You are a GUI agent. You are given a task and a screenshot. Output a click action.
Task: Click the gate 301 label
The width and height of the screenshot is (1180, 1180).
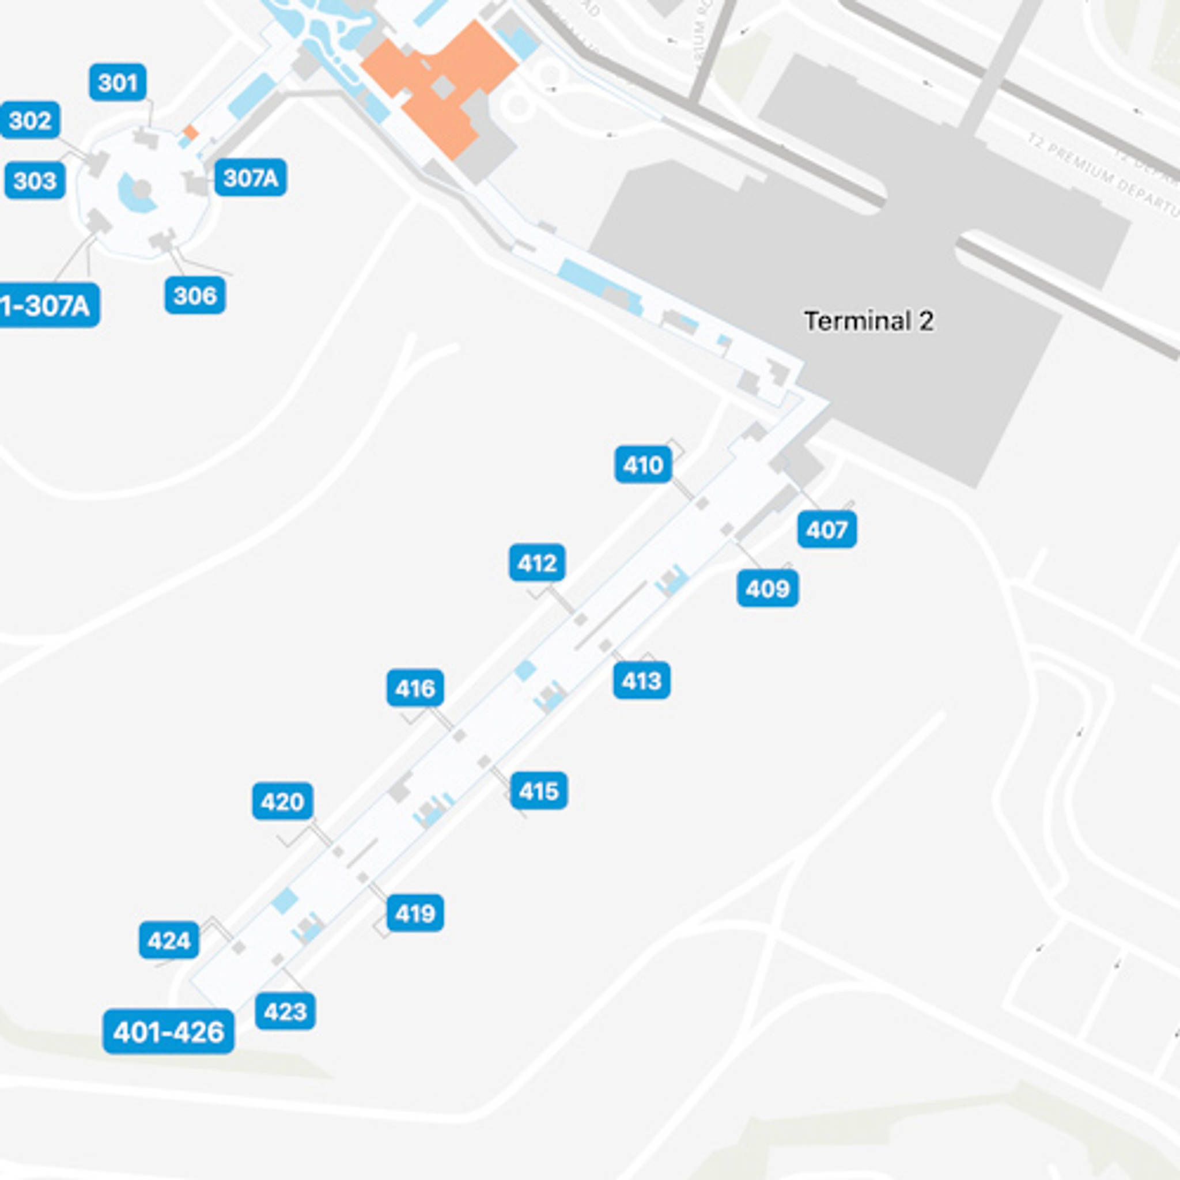(118, 82)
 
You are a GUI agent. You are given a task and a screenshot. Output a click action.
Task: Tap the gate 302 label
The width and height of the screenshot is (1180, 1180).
(30, 120)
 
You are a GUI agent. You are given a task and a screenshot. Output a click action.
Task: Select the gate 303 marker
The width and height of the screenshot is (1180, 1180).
(35, 180)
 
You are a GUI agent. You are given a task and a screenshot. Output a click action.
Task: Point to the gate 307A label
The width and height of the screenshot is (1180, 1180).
(251, 177)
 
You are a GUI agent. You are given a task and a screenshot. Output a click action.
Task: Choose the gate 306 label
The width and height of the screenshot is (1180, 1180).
(195, 295)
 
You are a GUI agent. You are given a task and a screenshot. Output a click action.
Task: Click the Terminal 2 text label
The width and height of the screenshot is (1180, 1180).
(868, 322)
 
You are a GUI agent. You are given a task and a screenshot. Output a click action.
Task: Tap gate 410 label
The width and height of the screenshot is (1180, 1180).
(643, 465)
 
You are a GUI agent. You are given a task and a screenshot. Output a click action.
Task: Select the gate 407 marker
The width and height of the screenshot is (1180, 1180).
(827, 530)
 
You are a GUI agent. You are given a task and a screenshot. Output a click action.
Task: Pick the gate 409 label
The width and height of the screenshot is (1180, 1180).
(767, 588)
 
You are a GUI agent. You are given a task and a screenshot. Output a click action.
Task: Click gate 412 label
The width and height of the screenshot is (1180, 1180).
(537, 562)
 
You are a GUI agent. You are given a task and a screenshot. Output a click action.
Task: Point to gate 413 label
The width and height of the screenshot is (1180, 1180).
(641, 680)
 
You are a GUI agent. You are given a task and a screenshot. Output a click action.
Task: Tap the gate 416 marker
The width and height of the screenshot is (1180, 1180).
(415, 689)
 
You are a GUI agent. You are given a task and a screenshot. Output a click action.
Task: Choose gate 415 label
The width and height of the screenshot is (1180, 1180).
(539, 791)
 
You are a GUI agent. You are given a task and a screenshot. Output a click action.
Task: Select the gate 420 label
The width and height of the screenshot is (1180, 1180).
(282, 801)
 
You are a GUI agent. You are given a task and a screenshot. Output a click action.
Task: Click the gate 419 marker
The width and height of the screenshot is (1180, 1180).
(415, 913)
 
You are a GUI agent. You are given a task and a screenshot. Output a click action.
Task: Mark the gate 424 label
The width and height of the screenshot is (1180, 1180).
(169, 940)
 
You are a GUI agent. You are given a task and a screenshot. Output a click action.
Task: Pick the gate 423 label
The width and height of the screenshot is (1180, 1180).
(285, 1011)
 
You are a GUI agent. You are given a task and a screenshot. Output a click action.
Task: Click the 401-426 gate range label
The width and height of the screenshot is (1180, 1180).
(169, 1031)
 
